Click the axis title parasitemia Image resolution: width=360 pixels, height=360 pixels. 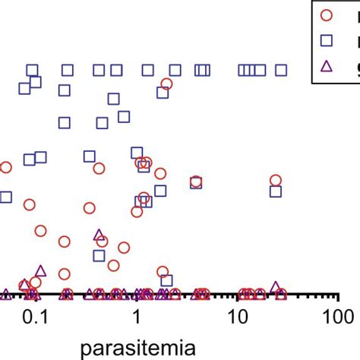tap(140, 347)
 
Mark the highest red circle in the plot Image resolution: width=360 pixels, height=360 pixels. tap(166, 84)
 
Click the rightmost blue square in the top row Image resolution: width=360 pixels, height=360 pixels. tap(281, 70)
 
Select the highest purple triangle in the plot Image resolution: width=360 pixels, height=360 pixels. tap(99, 235)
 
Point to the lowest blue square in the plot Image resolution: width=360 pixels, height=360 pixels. tap(166, 280)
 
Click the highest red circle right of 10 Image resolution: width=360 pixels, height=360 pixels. tap(276, 180)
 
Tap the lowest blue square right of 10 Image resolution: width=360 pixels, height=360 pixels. tap(276, 191)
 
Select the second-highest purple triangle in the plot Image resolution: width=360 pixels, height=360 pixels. tap(41, 270)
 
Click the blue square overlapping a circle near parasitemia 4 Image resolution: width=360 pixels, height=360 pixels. tap(196, 182)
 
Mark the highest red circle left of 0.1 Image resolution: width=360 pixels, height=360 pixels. tap(6, 167)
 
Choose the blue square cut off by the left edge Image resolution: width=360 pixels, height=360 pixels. tap(5, 197)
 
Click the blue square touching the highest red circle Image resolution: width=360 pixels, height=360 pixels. tap(162, 92)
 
